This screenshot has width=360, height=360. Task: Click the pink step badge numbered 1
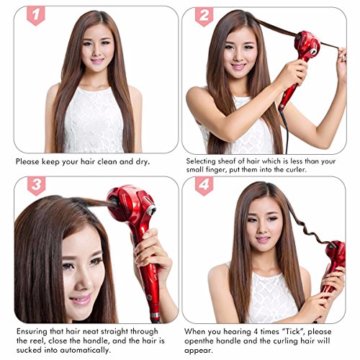(x=36, y=16)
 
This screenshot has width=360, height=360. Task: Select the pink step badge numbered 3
(x=36, y=186)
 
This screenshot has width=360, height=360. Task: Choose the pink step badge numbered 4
(x=204, y=186)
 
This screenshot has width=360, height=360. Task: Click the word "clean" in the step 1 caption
(x=107, y=161)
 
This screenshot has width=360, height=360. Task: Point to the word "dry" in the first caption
(x=142, y=162)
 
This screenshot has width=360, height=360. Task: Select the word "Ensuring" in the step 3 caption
(x=32, y=332)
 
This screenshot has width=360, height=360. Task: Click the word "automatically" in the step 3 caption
(x=85, y=350)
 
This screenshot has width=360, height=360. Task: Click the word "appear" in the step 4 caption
(x=198, y=351)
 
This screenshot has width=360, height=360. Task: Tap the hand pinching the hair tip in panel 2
(x=341, y=63)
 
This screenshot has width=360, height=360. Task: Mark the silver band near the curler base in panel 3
(x=155, y=315)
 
